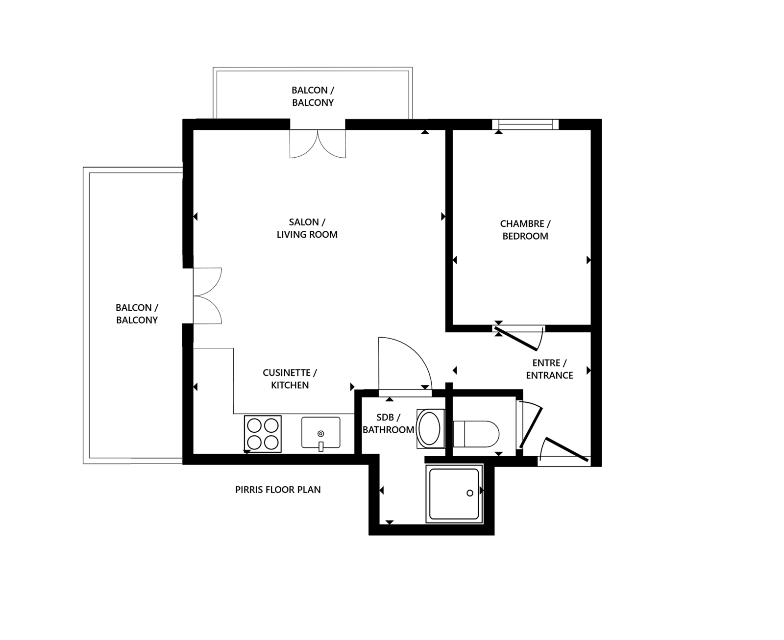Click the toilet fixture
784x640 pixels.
pos(475,434)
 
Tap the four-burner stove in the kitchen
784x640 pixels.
pos(263,434)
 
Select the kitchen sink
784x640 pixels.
pos(320,433)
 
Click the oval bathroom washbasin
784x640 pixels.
pos(430,428)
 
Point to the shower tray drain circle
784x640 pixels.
pos(469,493)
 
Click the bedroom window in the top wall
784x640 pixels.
pos(525,124)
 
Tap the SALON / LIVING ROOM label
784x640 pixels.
pos(307,228)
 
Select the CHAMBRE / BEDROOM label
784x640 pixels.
pos(525,230)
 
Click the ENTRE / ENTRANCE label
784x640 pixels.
pos(549,369)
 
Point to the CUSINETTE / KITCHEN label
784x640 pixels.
pos(290,379)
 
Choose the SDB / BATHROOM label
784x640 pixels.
pos(388,423)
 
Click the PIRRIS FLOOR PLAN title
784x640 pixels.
pos(278,490)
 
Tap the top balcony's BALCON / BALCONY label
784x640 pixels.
pos(313,97)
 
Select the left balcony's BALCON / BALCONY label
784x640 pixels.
pos(137,314)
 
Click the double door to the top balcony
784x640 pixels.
pos(318,144)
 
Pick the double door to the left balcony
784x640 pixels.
pos(207,295)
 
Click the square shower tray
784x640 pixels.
pos(454,493)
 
